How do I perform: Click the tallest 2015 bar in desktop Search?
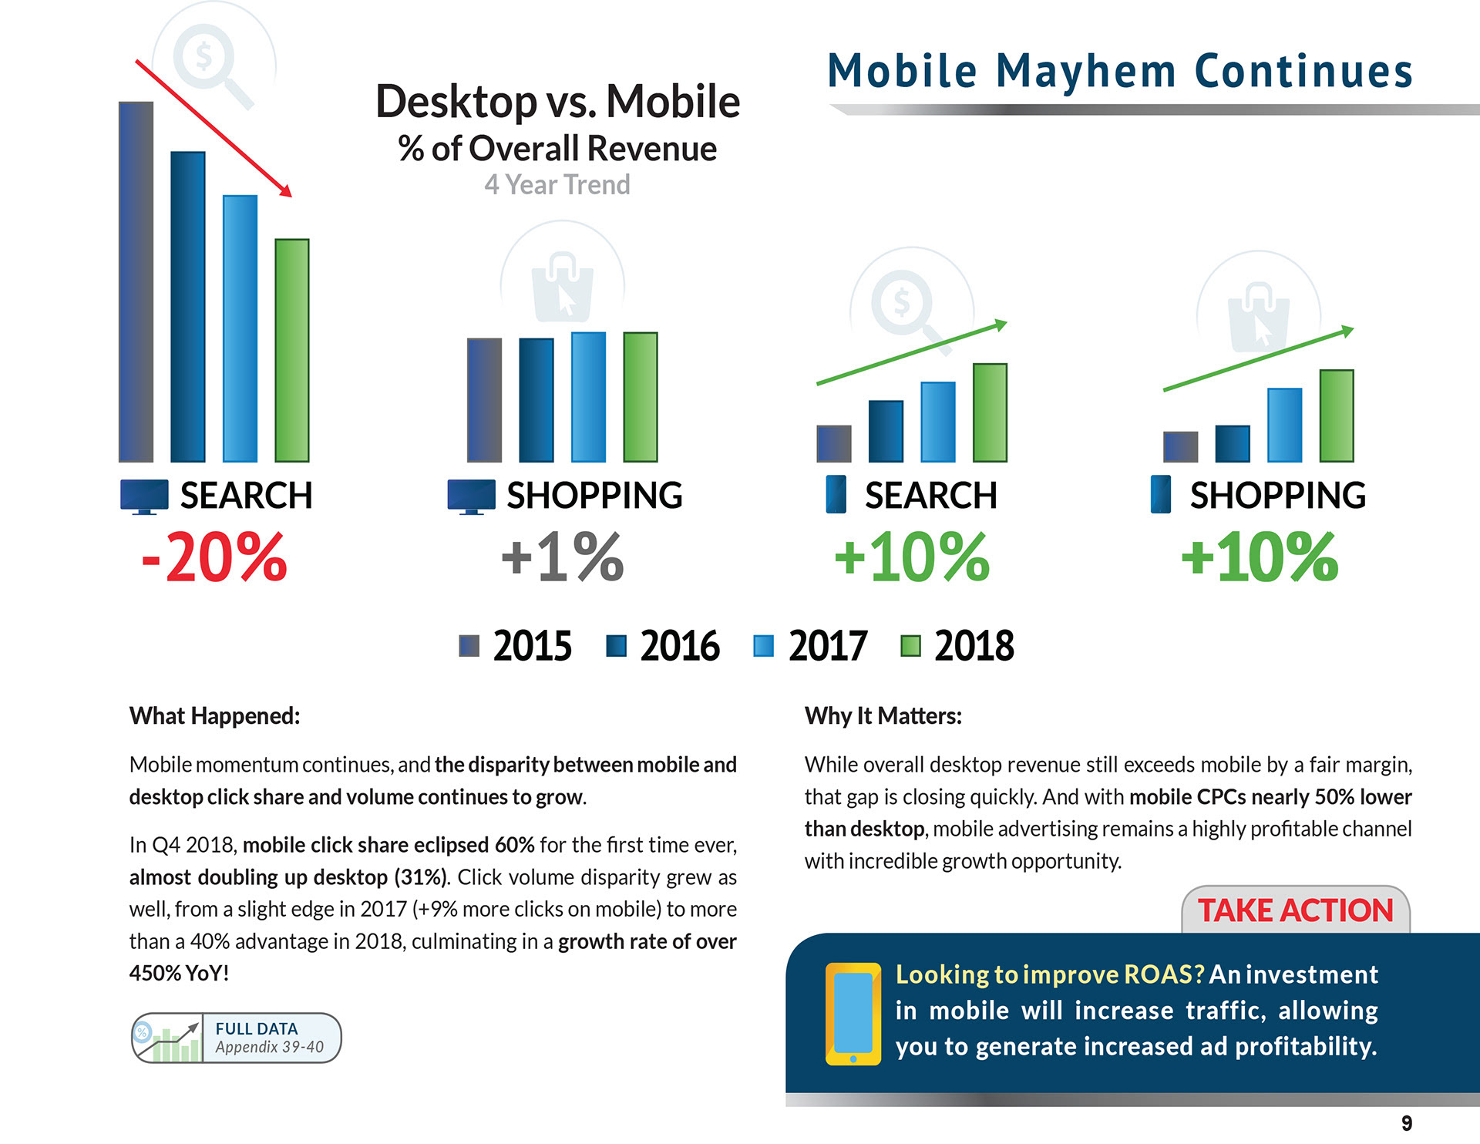[136, 282]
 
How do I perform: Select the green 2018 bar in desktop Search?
[292, 351]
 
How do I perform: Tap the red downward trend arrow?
[214, 128]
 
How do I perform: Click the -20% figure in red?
[214, 557]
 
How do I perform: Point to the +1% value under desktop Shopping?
[562, 557]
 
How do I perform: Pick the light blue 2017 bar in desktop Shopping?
[588, 397]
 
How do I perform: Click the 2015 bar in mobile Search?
[833, 444]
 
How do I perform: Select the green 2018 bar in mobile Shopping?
[1337, 416]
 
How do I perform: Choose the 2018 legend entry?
[957, 646]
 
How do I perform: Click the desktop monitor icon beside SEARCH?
[144, 496]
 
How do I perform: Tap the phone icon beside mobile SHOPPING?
[1160, 494]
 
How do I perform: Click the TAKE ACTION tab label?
[1295, 910]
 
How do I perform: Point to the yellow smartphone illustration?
[853, 1013]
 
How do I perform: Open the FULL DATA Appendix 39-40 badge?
[236, 1038]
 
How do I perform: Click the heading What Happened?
[214, 716]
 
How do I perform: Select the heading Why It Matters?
[883, 716]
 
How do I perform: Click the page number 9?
[1406, 1123]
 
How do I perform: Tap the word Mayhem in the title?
[1085, 72]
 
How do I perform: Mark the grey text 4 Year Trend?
[557, 185]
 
